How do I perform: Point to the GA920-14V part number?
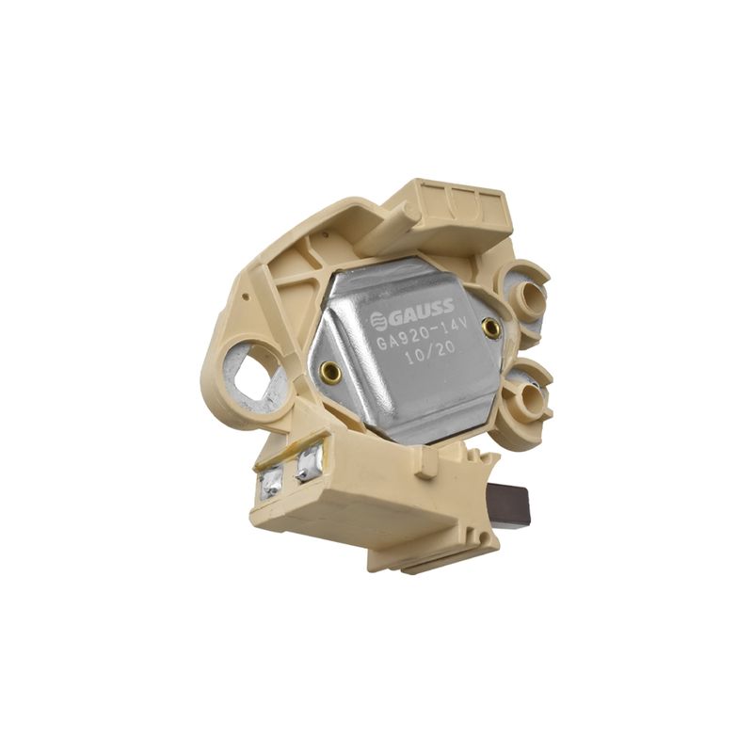[x=420, y=334]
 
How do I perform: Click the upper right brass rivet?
[x=490, y=327]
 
